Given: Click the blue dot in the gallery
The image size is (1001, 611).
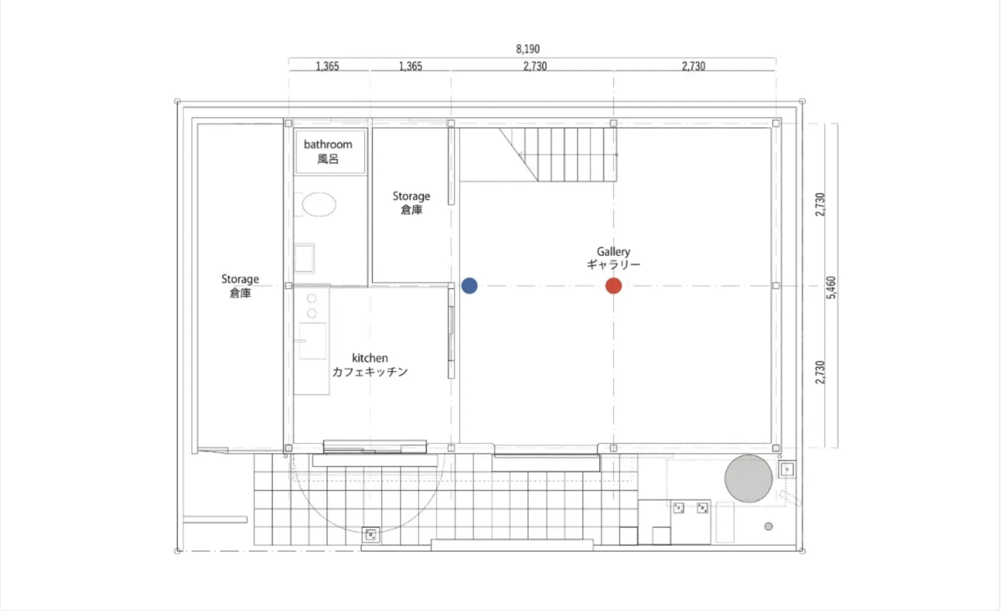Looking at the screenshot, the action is point(469,286).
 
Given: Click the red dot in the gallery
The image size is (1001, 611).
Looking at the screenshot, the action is point(613,286).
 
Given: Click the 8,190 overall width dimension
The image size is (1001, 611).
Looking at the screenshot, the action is point(528,49).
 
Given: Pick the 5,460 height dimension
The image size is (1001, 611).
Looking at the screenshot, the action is point(831,288).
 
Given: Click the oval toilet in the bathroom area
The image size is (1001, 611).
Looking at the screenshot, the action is point(319,204).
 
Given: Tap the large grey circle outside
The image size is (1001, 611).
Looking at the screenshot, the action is point(748,478).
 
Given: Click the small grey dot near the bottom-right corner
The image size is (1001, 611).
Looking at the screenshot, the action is point(769,526).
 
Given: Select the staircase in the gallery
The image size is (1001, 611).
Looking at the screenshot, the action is point(558,155).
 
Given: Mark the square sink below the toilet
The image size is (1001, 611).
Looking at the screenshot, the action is point(304,258).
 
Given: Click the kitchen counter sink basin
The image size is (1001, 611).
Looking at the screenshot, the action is point(312,341).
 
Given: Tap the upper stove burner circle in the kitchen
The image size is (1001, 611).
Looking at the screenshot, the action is point(311,299).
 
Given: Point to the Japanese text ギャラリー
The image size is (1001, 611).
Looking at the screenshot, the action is point(613,264).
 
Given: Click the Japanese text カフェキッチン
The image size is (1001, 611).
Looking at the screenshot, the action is point(370,372).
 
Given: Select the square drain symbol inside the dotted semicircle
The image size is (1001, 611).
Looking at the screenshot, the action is point(371,535).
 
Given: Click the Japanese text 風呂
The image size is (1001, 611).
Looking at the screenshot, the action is point(328,159).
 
